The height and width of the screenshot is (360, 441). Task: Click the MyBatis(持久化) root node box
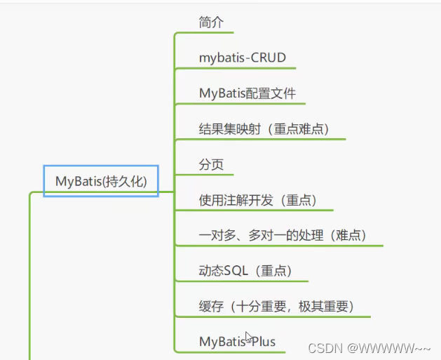101,181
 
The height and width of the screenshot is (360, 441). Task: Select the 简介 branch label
211,22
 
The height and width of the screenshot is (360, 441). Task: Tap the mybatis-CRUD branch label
243,58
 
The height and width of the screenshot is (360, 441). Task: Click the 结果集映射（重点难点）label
264,129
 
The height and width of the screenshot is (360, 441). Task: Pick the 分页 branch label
211,164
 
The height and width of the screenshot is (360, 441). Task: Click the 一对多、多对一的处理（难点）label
283,235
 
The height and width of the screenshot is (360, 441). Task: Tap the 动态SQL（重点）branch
245,271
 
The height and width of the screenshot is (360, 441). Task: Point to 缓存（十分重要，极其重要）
276,307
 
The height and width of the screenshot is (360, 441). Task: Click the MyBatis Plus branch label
237,342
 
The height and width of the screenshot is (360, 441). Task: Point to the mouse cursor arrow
249,337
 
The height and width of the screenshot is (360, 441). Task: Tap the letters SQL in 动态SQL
236,271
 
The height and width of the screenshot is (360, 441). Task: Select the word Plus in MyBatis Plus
263,342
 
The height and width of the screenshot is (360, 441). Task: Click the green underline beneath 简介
204,32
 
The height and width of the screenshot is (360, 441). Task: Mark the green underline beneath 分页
204,175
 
